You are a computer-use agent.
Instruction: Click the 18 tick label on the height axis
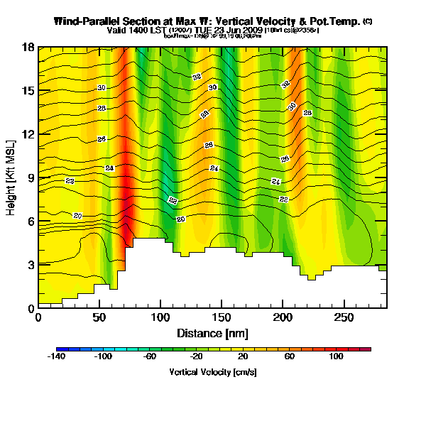[29, 48]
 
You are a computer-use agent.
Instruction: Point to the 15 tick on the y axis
[29, 91]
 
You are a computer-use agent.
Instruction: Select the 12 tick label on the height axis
[29, 134]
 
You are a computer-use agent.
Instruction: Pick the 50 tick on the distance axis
[99, 316]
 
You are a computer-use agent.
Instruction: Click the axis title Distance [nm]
[212, 333]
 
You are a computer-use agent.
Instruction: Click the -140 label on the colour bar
[57, 357]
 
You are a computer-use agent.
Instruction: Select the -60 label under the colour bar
[150, 357]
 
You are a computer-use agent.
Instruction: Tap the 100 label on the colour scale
[337, 357]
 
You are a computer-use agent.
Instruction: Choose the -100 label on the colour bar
[104, 357]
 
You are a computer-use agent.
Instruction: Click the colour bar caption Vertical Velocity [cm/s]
[213, 371]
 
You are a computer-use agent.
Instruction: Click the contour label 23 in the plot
[70, 182]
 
